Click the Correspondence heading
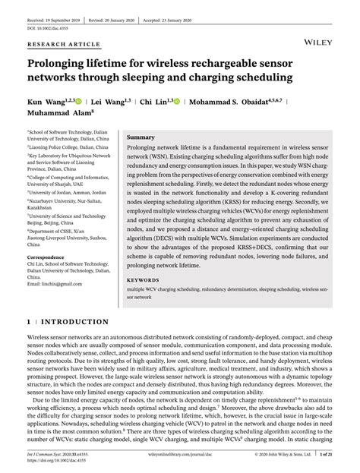pyautogui.click(x=51, y=257)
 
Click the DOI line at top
pyautogui.click(x=45, y=16)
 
